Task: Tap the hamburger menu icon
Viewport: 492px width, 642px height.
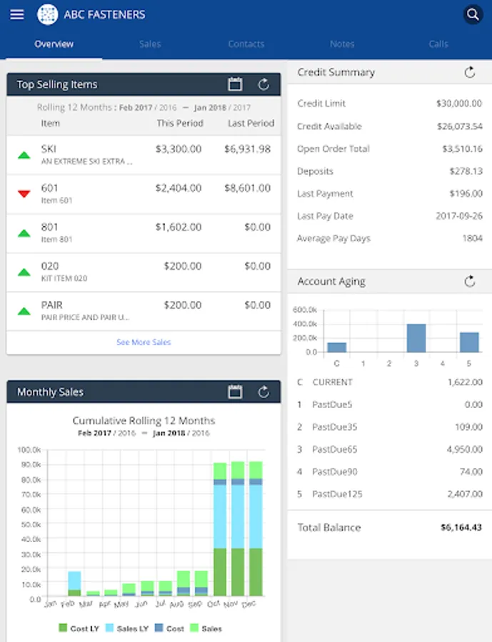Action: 17,14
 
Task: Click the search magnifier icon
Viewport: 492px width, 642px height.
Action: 472,14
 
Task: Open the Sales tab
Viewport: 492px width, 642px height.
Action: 150,44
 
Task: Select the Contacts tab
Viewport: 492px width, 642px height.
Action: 246,44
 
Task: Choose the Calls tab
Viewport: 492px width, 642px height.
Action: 438,44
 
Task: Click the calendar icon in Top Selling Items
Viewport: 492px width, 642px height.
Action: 235,84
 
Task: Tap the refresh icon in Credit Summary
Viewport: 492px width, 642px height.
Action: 469,72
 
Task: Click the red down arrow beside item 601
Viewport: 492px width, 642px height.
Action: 24,193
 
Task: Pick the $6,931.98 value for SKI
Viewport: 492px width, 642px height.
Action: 247,149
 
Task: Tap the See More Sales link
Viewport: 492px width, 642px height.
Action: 144,342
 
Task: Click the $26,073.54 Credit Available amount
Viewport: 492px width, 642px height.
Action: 459,126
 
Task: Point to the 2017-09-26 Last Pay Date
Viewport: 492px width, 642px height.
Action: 459,216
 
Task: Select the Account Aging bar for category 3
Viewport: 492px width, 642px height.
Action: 416,338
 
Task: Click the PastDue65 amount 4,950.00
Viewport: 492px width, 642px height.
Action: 463,449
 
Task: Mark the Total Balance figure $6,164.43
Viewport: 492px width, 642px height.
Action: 461,528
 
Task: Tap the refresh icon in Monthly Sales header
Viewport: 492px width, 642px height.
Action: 263,392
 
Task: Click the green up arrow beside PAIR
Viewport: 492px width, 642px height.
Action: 24,310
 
